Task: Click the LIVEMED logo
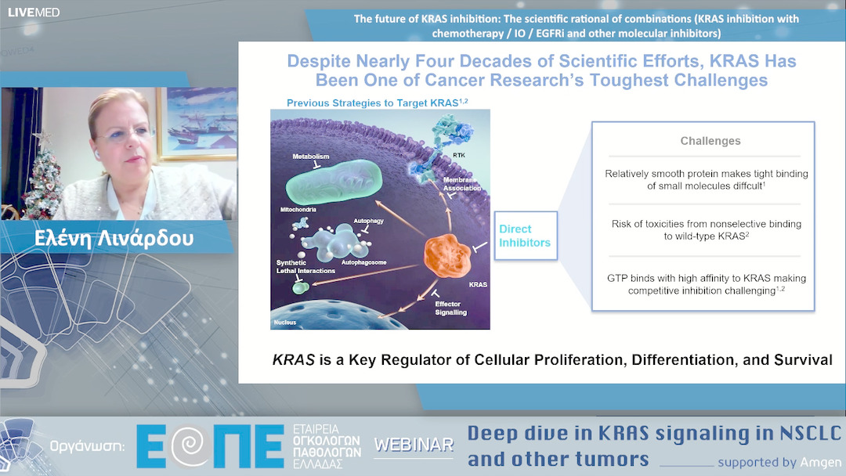[33, 12]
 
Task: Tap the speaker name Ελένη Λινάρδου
[114, 238]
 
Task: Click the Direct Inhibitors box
[525, 236]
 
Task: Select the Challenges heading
[710, 141]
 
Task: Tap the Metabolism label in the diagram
[311, 157]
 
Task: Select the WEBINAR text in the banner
[414, 445]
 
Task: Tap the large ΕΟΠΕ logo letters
[210, 446]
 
